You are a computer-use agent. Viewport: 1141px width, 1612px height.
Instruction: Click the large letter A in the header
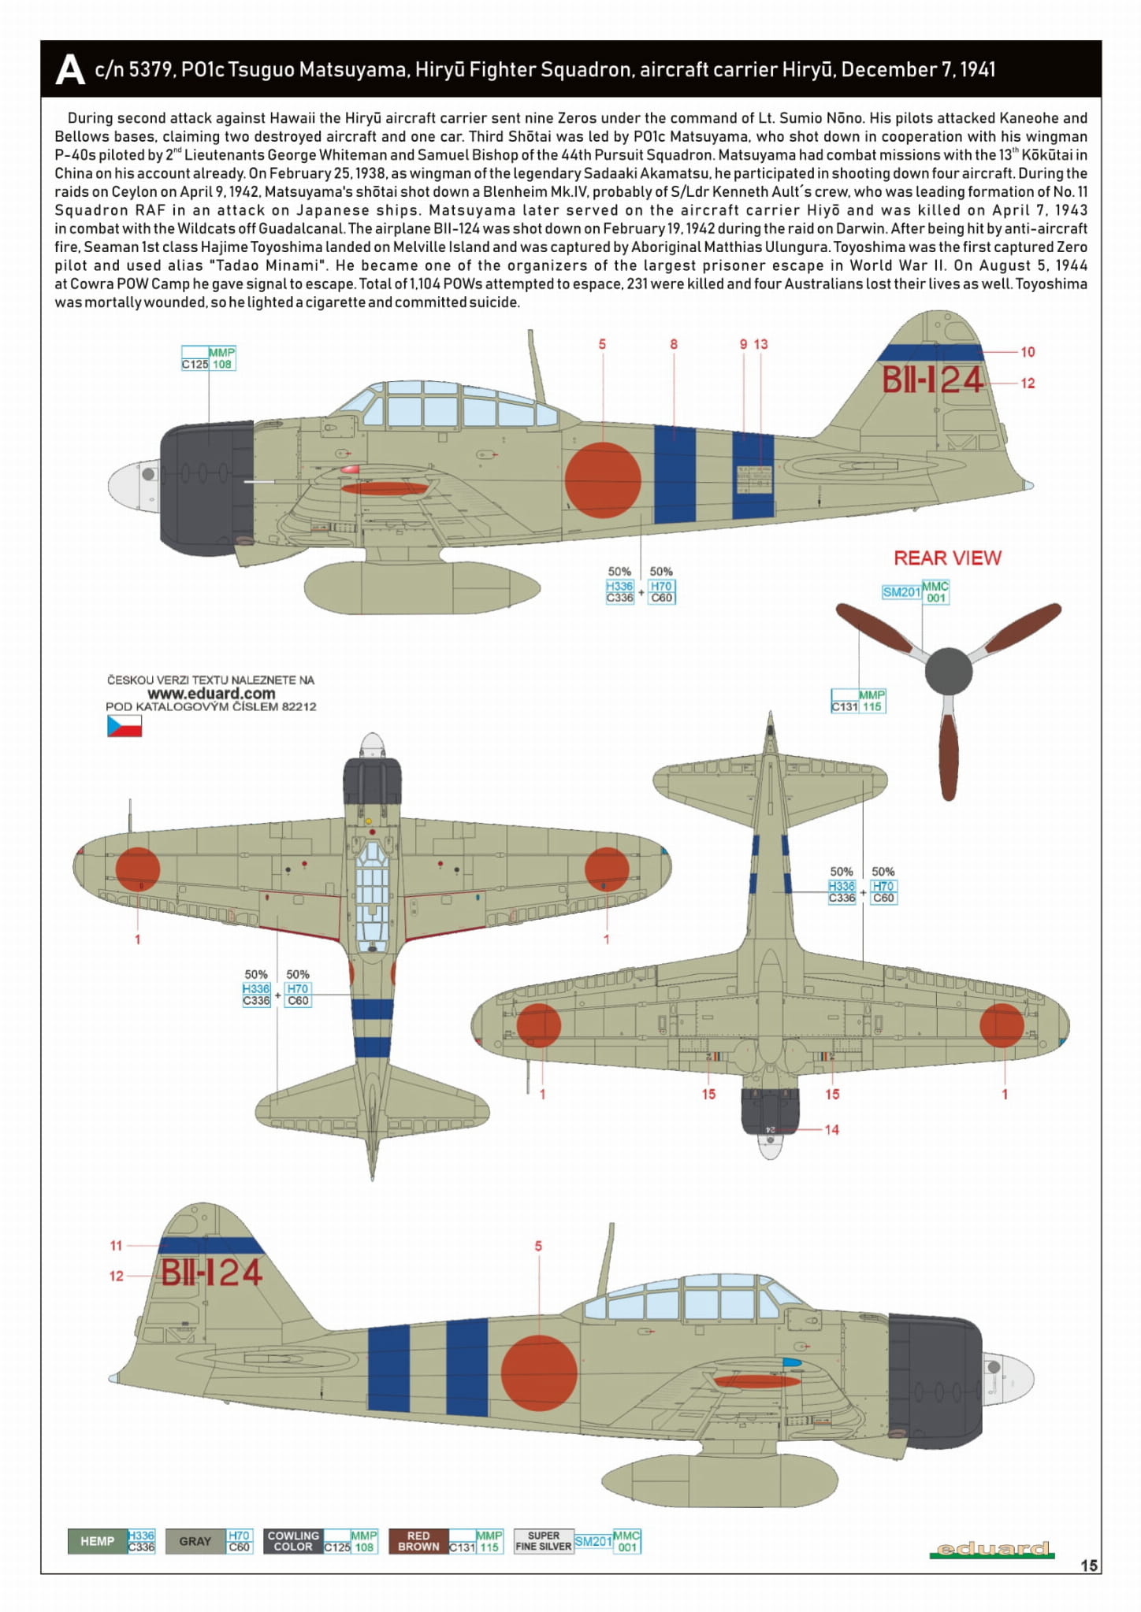[70, 70]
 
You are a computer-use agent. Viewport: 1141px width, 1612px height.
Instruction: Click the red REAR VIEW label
[947, 558]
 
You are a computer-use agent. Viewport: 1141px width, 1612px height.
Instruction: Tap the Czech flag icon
[125, 726]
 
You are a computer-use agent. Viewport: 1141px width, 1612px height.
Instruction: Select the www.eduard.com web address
[211, 694]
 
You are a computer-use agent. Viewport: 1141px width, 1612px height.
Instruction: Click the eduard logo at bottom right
[992, 1549]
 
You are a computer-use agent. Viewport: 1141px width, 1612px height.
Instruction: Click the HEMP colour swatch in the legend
[98, 1541]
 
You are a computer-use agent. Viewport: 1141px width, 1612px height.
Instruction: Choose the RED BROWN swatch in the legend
[418, 1541]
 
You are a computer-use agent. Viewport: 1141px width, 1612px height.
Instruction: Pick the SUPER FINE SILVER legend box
[544, 1541]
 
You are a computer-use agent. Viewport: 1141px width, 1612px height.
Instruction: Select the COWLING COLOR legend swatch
[293, 1541]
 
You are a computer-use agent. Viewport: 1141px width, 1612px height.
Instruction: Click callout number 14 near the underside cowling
[831, 1130]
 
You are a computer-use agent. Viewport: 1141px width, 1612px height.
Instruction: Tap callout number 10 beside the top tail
[1028, 352]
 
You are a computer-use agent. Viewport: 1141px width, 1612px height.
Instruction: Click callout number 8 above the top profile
[674, 344]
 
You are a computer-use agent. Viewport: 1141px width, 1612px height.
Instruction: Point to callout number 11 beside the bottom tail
[116, 1246]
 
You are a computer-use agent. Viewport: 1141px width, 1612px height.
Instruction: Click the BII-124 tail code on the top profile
[932, 380]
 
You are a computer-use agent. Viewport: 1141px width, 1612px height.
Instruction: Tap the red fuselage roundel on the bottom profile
[539, 1373]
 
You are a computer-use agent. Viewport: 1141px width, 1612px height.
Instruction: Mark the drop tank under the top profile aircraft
[422, 588]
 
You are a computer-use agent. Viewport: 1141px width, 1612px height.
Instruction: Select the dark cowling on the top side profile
[207, 488]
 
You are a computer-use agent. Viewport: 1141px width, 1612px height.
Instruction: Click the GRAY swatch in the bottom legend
[195, 1541]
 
